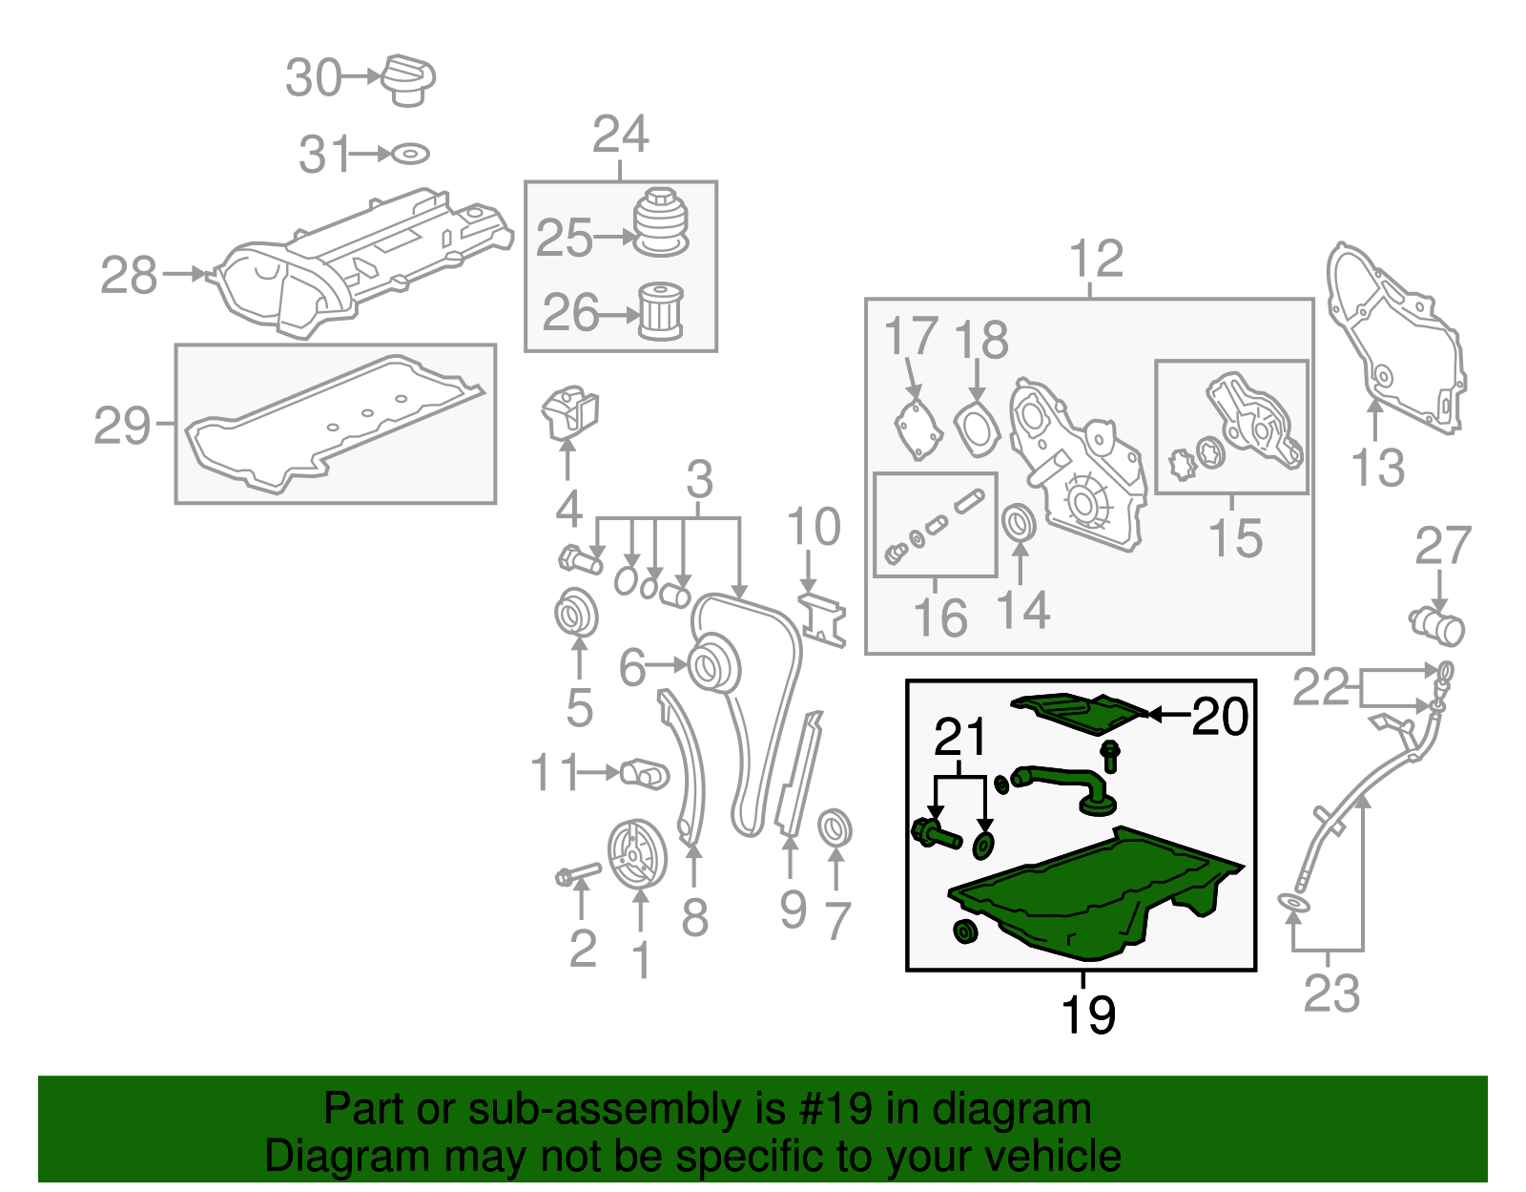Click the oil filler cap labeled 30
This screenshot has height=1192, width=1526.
pos(409,80)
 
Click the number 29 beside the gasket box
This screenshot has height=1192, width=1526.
pos(122,426)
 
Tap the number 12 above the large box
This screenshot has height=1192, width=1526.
pos(1096,259)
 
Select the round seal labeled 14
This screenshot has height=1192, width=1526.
pos(1020,523)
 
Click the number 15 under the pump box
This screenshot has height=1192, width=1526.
pos(1235,538)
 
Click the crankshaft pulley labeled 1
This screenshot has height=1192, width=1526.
pos(637,853)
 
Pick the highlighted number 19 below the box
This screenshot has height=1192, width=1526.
pos(1087,1014)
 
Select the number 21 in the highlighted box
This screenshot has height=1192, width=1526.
pos(960,737)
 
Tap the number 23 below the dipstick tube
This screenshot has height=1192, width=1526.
pos(1331,993)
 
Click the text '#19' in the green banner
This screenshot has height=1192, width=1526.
pos(836,1110)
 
